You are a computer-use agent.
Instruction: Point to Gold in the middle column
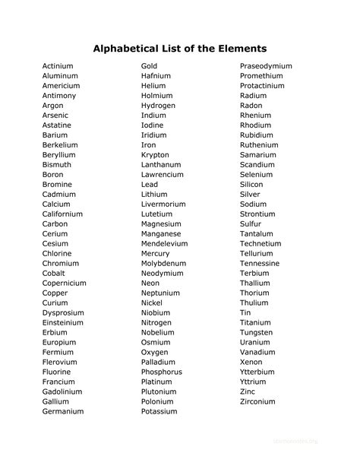(150, 66)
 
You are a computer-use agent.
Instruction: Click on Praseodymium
(266, 66)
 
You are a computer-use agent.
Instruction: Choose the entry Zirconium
(257, 401)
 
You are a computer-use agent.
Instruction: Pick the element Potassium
(159, 411)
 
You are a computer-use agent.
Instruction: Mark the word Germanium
(63, 411)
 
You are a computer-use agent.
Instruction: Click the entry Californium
(63, 214)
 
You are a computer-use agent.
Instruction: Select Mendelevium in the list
(164, 244)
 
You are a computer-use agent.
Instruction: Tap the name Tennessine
(260, 264)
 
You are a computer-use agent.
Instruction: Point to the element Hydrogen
(158, 106)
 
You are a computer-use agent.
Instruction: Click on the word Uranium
(254, 342)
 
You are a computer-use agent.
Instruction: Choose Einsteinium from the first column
(63, 322)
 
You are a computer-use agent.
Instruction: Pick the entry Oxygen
(155, 352)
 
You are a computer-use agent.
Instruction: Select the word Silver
(250, 195)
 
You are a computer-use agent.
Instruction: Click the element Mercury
(156, 254)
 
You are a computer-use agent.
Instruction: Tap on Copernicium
(65, 284)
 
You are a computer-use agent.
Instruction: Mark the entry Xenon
(251, 362)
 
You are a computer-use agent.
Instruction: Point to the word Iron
(148, 145)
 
